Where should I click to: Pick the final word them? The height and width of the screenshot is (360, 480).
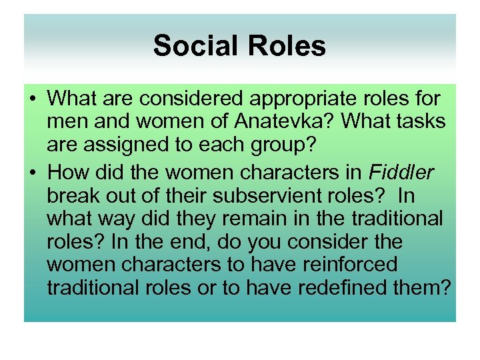pos(429,288)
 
